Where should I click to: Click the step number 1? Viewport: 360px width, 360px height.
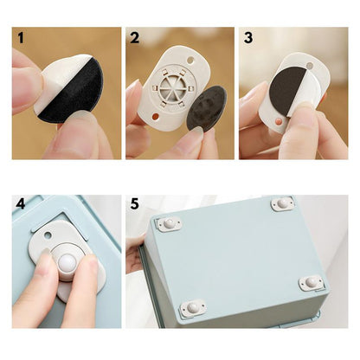[21, 38]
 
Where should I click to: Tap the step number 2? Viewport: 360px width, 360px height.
[134, 38]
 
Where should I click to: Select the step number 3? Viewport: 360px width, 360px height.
[248, 38]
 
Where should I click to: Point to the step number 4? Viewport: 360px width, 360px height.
[21, 204]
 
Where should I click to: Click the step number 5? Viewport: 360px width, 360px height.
[134, 204]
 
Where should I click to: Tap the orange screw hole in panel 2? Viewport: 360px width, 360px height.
[155, 117]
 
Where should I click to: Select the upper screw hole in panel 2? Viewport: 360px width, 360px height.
[190, 61]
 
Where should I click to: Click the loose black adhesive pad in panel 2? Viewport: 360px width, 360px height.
[207, 107]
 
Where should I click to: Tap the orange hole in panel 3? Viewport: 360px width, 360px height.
[279, 120]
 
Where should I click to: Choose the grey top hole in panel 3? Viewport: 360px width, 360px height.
[310, 66]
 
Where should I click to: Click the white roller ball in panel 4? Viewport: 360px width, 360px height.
[67, 262]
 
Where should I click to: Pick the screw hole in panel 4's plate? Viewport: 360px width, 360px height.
[48, 235]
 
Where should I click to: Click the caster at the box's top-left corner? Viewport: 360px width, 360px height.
[169, 223]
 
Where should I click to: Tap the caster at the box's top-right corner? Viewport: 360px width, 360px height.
[283, 203]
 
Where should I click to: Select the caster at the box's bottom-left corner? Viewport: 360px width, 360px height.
[193, 308]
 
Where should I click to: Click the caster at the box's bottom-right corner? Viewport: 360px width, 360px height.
[311, 283]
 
